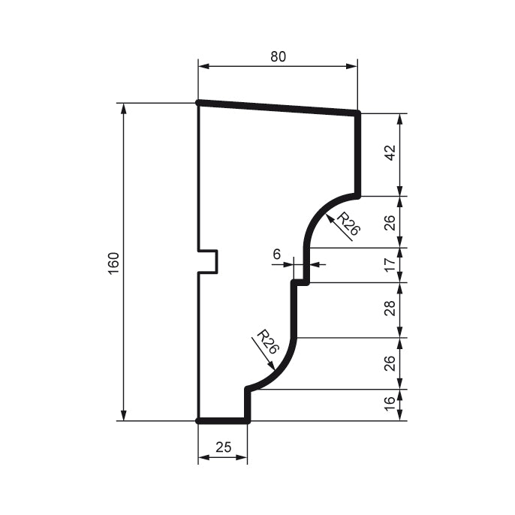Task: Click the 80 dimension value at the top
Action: [x=277, y=57]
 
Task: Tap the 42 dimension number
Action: [x=390, y=153]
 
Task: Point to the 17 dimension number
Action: [x=390, y=265]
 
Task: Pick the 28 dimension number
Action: [x=390, y=309]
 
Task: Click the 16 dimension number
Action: [x=390, y=405]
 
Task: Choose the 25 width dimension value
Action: [x=223, y=447]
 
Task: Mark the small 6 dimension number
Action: [x=276, y=254]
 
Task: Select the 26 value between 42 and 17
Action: [x=390, y=221]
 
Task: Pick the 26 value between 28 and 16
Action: [x=390, y=363]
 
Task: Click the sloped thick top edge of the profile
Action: [x=277, y=108]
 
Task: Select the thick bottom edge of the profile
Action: [x=223, y=421]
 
